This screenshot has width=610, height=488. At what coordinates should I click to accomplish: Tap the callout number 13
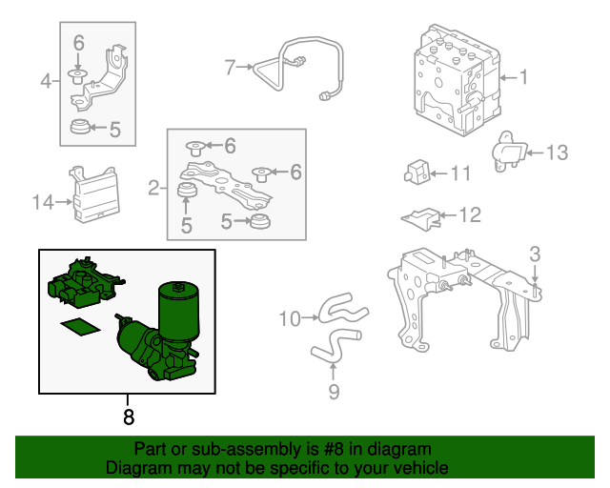(557, 152)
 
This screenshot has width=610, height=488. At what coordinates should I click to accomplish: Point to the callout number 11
(461, 173)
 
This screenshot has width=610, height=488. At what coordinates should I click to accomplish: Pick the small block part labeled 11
(416, 173)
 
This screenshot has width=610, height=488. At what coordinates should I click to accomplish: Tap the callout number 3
(535, 254)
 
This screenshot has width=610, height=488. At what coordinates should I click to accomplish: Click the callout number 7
(230, 67)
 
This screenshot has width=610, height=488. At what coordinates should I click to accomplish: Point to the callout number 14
(43, 202)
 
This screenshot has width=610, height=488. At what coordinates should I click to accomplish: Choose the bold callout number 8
(128, 416)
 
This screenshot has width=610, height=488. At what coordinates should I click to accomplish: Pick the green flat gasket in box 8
(79, 329)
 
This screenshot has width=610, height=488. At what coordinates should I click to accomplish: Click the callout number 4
(46, 81)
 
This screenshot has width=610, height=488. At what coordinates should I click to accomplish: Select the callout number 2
(152, 188)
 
